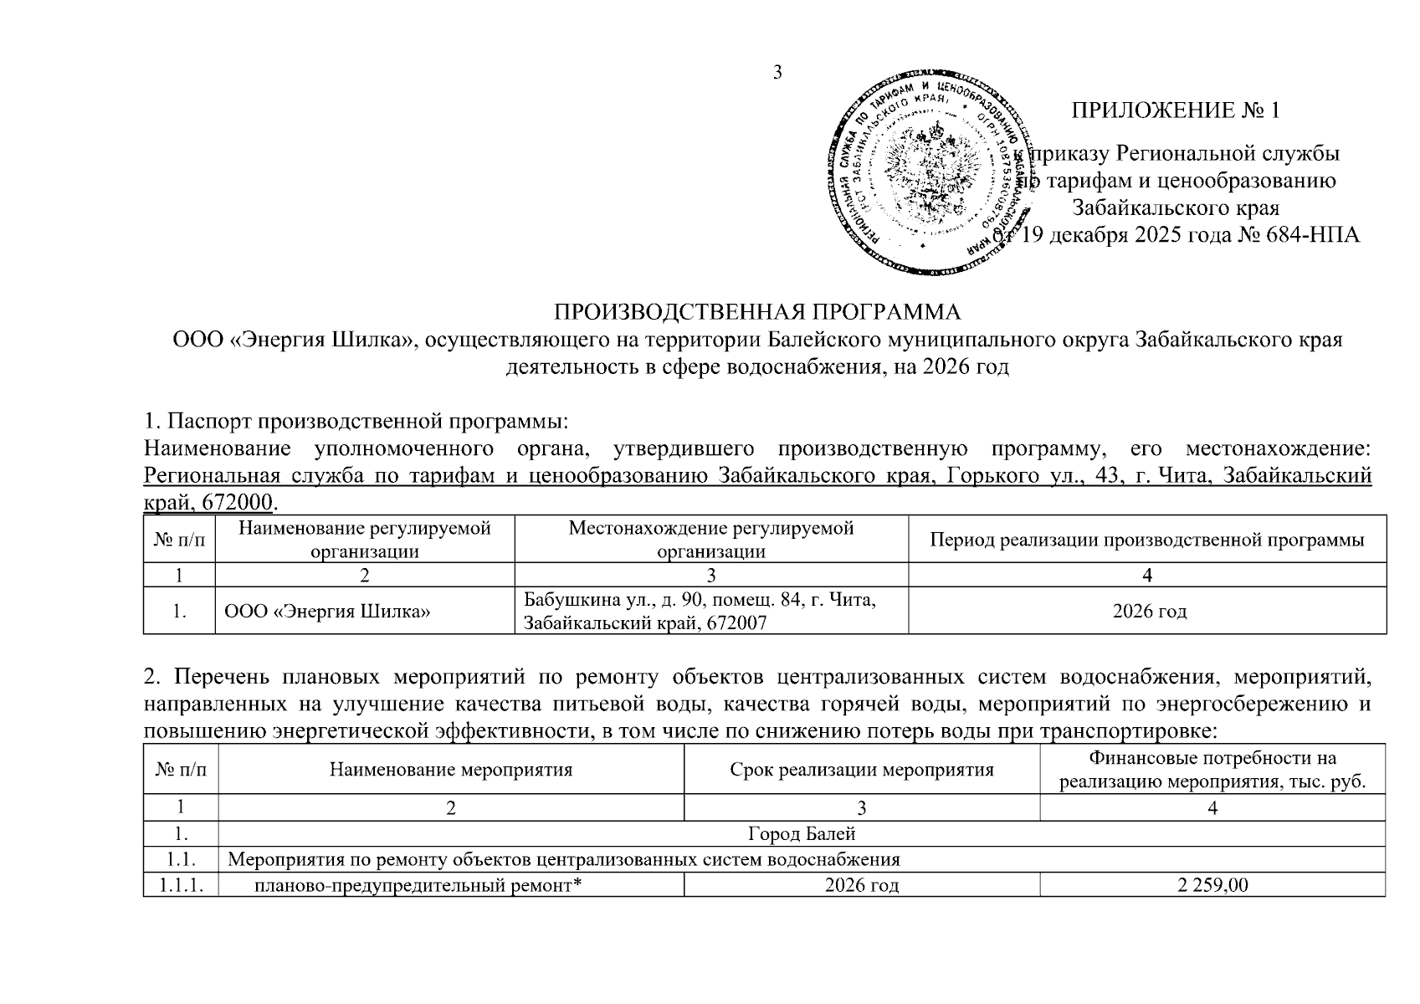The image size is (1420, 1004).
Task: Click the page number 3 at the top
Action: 777,73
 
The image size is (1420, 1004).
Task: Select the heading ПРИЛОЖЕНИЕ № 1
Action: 1176,110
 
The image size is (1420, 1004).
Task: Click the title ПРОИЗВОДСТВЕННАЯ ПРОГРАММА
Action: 758,312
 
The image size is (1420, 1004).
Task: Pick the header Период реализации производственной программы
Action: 1147,540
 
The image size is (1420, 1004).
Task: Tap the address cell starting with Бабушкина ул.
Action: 700,612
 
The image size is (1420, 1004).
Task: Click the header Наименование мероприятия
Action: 451,770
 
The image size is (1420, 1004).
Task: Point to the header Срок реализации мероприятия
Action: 862,770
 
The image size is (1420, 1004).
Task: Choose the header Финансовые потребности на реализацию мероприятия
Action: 1212,770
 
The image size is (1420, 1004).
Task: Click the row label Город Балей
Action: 801,834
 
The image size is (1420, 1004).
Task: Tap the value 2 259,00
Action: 1212,884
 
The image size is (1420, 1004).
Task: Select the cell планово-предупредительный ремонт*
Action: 418,884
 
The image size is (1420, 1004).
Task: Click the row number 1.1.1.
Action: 181,884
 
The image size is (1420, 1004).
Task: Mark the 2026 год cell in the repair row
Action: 862,884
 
